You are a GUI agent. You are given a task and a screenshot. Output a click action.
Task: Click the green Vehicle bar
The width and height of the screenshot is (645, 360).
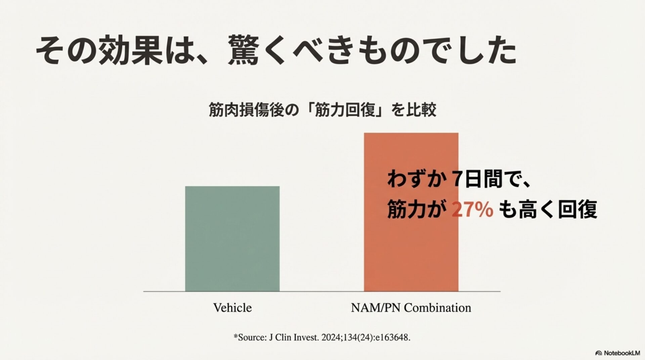[232, 238]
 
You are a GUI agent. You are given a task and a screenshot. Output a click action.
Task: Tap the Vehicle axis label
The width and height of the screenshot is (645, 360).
[232, 308]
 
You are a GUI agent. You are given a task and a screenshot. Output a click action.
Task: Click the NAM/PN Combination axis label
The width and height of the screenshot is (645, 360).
[411, 308]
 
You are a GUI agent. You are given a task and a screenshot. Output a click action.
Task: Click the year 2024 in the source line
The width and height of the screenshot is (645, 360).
[331, 337]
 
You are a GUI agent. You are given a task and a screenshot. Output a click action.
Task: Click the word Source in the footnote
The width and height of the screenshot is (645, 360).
[252, 337]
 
